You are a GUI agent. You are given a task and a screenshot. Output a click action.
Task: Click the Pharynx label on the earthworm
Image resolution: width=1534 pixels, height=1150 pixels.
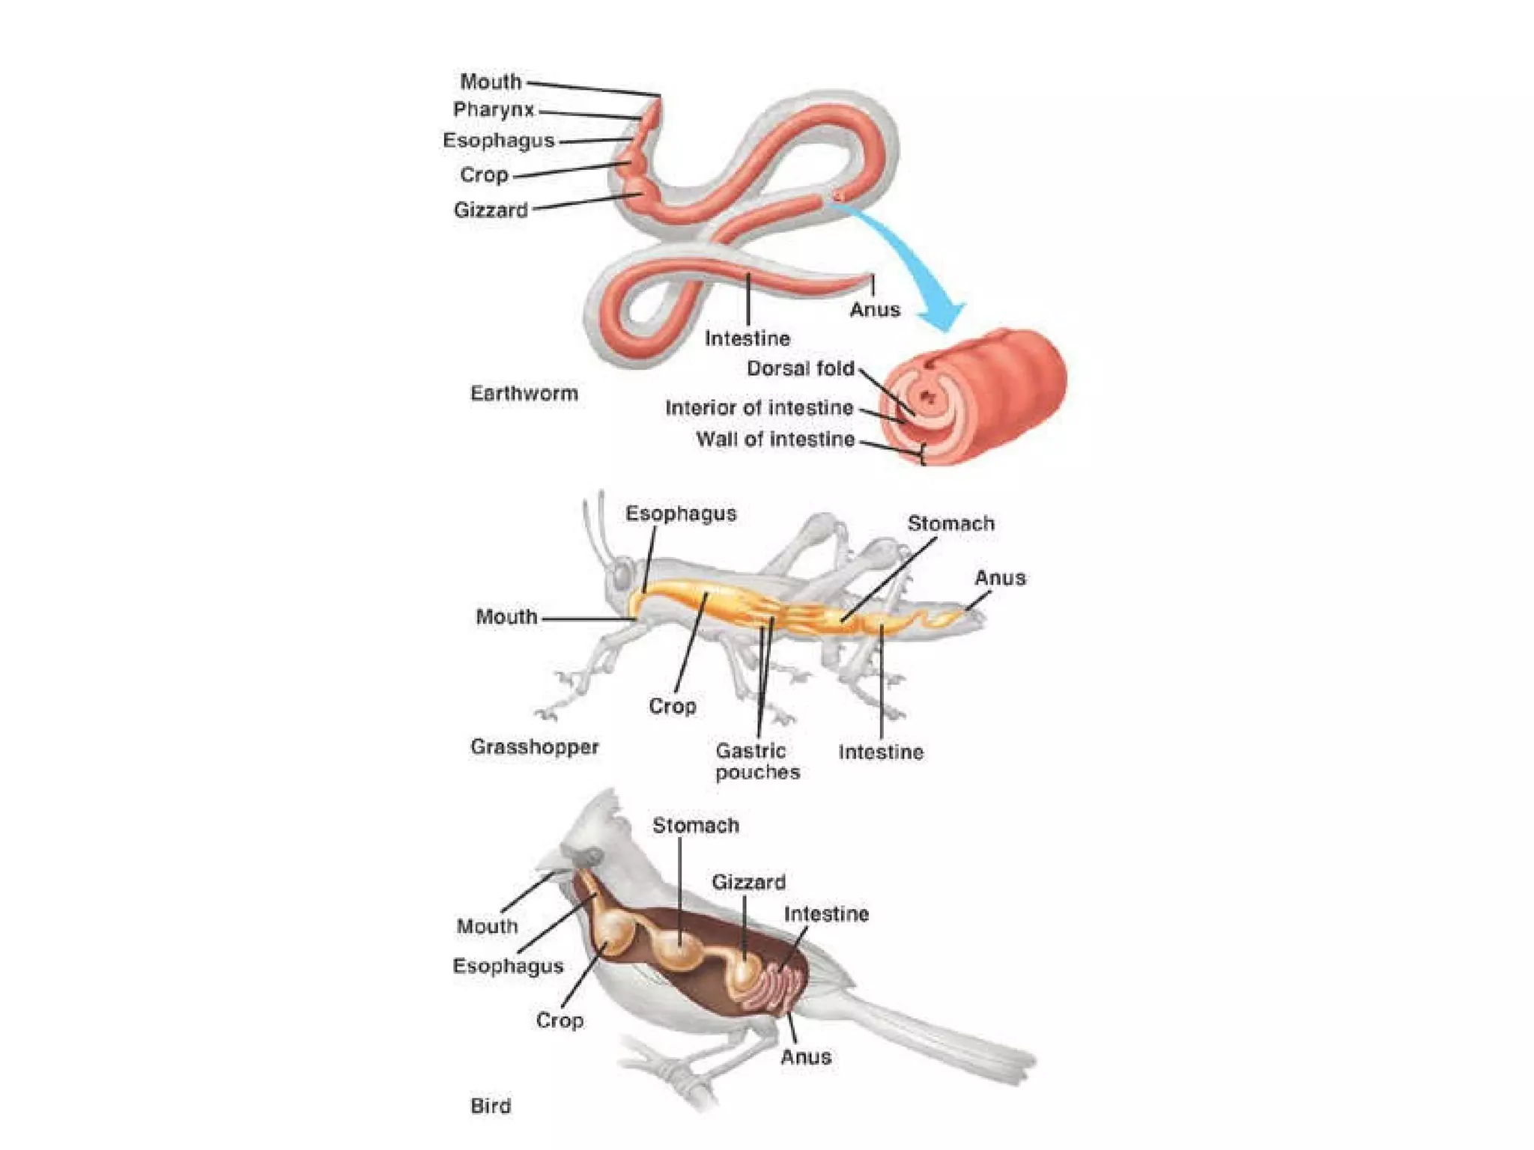point(494,110)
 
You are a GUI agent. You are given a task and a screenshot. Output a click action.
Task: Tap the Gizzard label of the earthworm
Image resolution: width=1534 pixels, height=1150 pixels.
point(491,210)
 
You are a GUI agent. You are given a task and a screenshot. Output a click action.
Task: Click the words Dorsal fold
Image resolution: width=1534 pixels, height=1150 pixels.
point(800,368)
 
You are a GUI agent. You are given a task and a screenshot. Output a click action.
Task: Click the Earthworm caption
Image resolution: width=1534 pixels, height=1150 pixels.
point(524,394)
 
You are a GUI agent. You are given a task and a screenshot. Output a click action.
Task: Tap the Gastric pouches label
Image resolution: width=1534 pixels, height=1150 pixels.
point(757,761)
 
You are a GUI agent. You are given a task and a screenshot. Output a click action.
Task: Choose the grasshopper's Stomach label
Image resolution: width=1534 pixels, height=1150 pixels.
point(951,523)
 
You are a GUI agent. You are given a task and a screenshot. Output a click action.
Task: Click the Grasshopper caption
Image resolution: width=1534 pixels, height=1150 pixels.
point(534,747)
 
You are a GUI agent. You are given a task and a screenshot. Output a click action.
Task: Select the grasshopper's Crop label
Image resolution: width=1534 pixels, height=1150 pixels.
point(672,706)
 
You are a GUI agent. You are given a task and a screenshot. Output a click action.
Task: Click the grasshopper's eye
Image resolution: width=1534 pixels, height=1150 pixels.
point(622,576)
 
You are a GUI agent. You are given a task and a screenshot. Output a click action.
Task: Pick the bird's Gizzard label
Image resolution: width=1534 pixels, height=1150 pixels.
point(748,882)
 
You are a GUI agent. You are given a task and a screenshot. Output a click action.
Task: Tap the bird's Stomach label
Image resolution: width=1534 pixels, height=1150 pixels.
point(695,825)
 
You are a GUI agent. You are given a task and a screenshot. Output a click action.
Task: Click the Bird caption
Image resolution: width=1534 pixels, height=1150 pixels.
point(491,1106)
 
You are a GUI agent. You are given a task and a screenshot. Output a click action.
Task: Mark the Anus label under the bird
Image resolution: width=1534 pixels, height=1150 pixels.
point(805,1057)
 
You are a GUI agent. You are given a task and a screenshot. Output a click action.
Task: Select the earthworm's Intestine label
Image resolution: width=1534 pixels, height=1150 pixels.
point(747,338)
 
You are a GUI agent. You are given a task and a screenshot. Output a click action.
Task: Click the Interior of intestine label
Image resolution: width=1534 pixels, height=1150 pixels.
point(759,408)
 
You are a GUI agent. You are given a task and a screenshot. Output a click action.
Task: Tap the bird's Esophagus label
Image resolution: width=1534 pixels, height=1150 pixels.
point(507,966)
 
